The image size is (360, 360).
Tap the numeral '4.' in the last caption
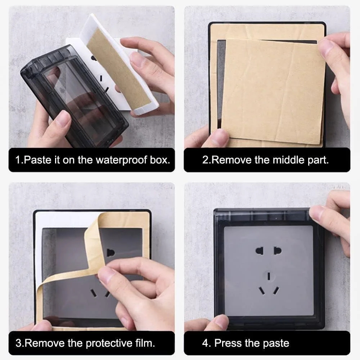206,343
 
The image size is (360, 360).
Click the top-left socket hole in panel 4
259,251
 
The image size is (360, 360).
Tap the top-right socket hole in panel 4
278,251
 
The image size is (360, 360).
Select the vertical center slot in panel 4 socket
269,276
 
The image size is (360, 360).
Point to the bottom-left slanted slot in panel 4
262,291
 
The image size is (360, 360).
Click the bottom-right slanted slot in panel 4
276,291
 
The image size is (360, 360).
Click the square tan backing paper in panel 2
273,91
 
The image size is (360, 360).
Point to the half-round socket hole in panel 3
111,253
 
